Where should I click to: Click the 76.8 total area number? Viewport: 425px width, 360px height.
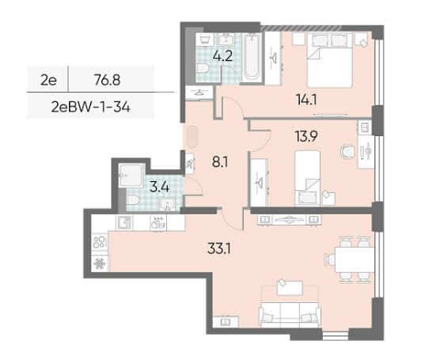point(108,80)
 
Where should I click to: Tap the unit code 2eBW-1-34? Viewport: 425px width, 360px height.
point(91,108)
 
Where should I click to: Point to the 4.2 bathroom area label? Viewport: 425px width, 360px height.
point(222,56)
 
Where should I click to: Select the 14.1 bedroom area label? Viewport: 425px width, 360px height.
point(306,100)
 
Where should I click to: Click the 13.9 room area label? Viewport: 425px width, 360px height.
point(306,136)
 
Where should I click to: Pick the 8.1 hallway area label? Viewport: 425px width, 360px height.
point(220,162)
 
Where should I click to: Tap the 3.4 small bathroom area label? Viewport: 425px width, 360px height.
point(159,188)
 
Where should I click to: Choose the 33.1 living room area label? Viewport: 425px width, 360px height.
point(219,248)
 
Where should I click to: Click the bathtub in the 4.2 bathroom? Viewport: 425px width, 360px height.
point(252,57)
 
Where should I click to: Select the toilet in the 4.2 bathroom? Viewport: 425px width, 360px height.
point(203,68)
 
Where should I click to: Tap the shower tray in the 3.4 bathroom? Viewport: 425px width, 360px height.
point(131,176)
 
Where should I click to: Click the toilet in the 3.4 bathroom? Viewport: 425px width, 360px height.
point(133,200)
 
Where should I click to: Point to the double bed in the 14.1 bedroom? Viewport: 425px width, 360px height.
point(329,60)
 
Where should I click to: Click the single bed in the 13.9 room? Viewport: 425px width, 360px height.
point(307,178)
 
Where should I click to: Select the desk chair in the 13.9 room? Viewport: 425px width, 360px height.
point(347,151)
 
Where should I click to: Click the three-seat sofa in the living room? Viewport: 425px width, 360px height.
point(290,314)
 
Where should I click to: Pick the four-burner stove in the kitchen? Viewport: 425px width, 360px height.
point(100,242)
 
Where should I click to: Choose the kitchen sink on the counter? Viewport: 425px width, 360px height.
point(124,223)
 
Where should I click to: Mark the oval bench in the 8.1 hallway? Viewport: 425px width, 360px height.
point(192,137)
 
